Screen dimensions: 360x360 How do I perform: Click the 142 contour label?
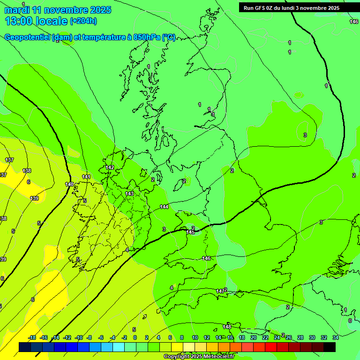[x=110, y=167]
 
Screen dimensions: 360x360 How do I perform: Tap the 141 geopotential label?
[x=86, y=177]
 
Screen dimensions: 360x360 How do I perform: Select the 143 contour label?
[x=129, y=194]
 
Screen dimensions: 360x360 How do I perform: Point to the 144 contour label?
[x=164, y=207]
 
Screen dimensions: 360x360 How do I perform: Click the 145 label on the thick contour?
[x=190, y=232]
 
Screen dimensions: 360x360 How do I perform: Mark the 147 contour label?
[x=220, y=291]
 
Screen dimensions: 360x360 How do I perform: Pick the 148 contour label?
[x=227, y=326]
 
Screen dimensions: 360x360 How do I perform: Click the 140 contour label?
[x=69, y=184]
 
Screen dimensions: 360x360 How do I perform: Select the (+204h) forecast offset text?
[x=83, y=21]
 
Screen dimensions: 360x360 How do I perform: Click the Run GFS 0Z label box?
[x=291, y=8]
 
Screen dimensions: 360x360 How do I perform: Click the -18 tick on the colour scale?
[x=32, y=337]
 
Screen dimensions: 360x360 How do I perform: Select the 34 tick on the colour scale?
[x=336, y=337]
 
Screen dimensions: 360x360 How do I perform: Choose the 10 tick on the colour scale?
[x=195, y=337]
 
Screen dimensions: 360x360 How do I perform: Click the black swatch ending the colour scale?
[x=330, y=347]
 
